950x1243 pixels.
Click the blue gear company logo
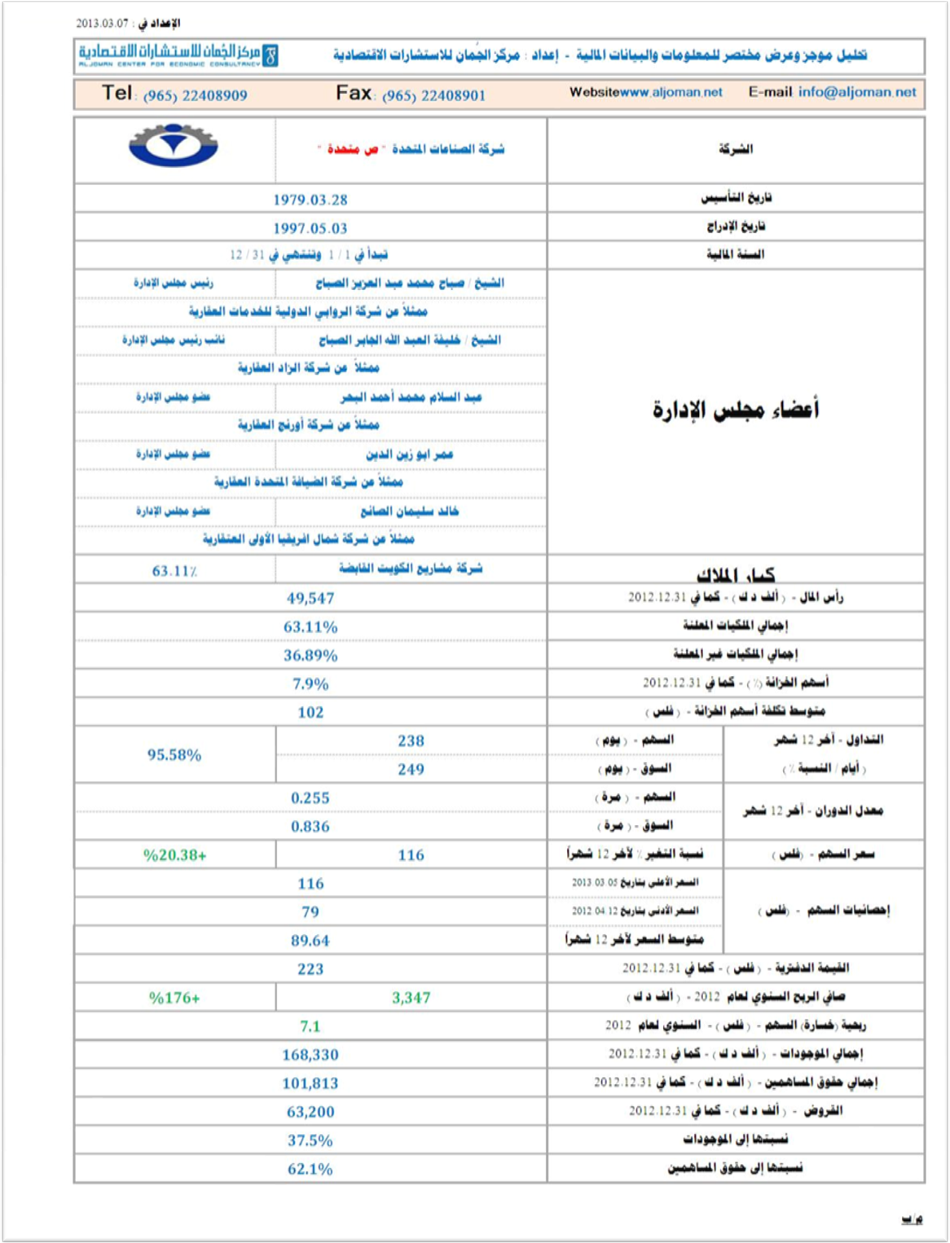tap(174, 146)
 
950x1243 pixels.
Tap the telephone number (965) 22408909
tap(195, 95)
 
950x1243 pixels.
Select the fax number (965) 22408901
tap(433, 95)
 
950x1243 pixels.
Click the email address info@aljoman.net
tap(857, 92)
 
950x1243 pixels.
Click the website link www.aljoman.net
tap(671, 92)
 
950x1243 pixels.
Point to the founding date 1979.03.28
tap(310, 200)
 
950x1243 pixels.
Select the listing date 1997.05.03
tap(310, 229)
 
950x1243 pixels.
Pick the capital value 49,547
tap(310, 598)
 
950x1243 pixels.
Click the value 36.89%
tap(310, 655)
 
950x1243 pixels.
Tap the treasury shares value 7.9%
tap(310, 683)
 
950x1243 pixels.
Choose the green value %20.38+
tap(174, 854)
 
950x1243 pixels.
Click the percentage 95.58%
tap(174, 754)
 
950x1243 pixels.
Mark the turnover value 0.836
tap(310, 826)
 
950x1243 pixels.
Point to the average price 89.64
tap(310, 940)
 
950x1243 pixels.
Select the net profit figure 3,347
tap(411, 997)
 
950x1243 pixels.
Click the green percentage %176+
tap(174, 997)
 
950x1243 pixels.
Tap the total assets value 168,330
tap(310, 1054)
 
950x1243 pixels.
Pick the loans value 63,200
tap(310, 1111)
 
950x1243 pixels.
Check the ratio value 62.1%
tap(310, 1169)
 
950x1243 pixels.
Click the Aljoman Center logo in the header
tap(178, 55)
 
